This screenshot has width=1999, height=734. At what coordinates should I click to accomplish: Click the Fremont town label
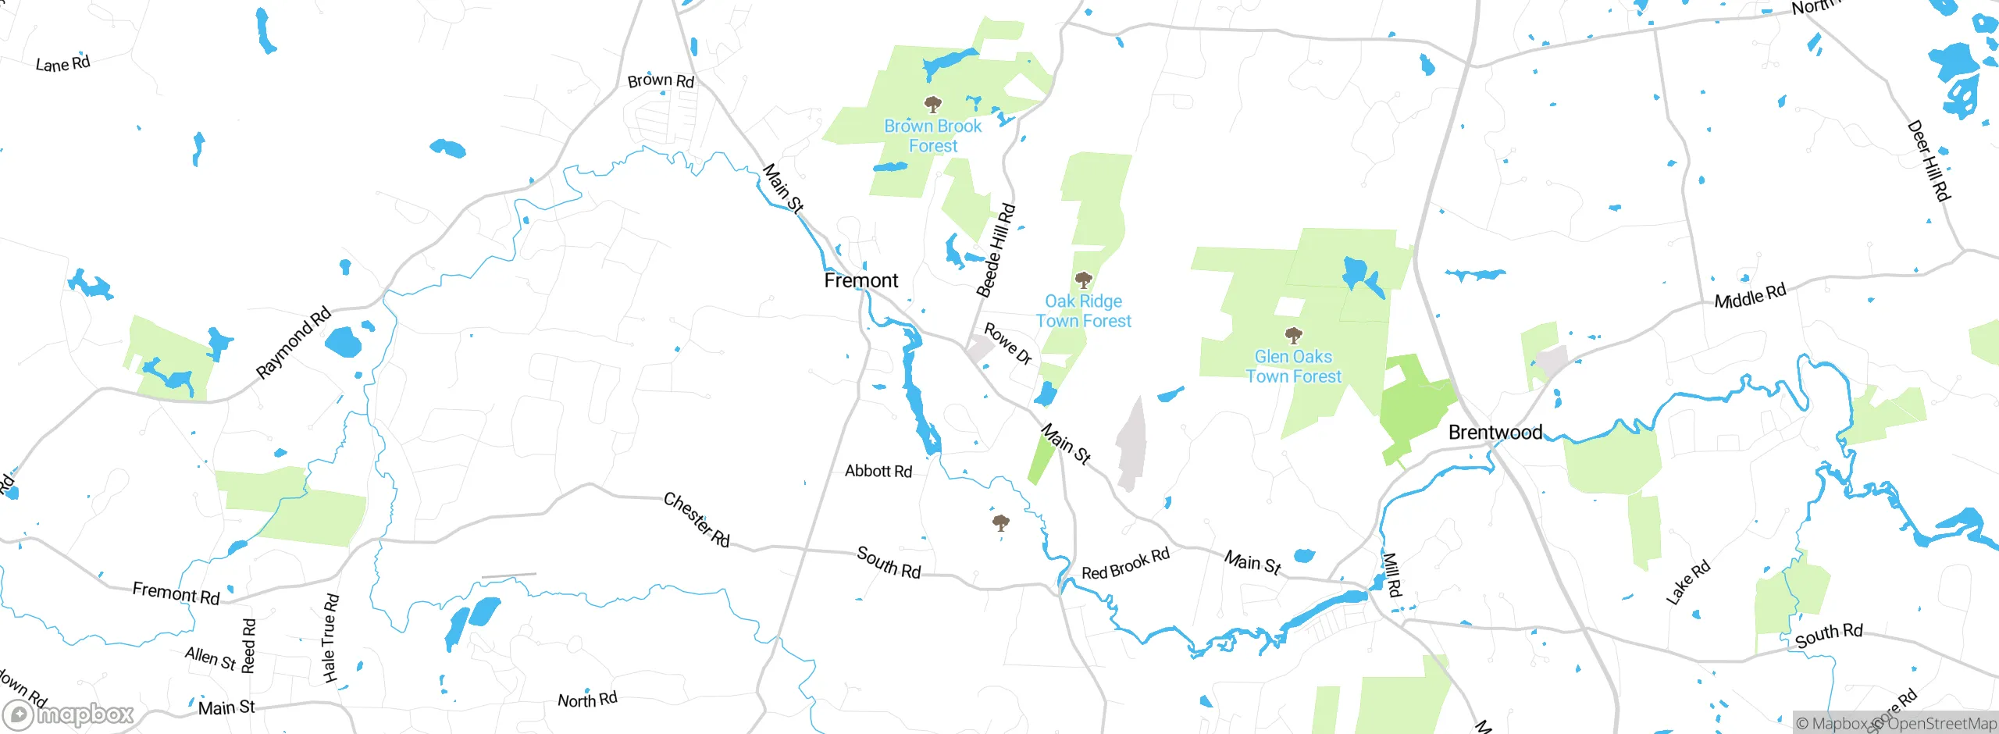pos(861,280)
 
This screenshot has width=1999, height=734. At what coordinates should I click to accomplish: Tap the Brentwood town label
pos(1495,432)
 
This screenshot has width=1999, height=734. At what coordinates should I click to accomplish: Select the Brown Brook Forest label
pos(932,136)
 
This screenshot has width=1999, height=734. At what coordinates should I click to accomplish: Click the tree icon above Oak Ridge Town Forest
pos(1083,280)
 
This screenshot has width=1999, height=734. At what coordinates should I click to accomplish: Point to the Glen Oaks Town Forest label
pos(1293,366)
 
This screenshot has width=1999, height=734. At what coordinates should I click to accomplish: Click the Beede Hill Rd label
pos(996,251)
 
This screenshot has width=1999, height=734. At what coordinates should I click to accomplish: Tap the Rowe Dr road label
pos(1008,344)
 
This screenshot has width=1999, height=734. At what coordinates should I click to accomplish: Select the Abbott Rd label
pos(878,471)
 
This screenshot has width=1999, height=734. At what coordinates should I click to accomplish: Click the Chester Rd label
pos(697,519)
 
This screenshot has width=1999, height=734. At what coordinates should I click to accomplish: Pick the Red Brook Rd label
pos(1125,564)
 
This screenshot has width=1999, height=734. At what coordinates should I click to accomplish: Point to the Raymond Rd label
pos(294,344)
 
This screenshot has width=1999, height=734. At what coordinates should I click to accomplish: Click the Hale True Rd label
pos(330,638)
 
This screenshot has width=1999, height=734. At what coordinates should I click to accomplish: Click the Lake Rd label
pos(1688,583)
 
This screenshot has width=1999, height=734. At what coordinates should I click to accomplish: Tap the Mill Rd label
pos(1392,575)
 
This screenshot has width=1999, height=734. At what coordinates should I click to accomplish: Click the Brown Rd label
pos(661,80)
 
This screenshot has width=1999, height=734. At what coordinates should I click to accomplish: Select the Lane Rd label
pos(63,64)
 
